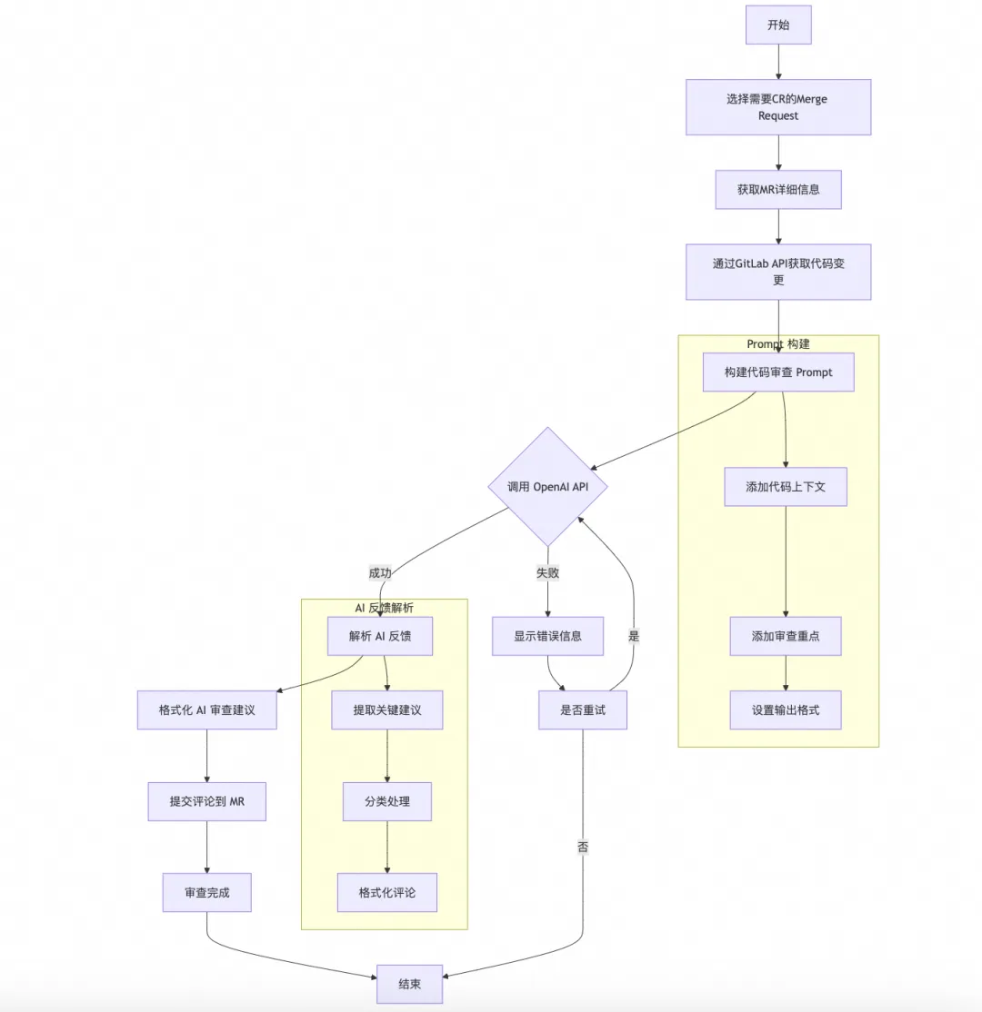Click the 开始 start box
click(x=778, y=25)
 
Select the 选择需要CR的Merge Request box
click(x=778, y=107)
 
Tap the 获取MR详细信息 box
click(x=778, y=190)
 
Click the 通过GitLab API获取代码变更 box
click(x=778, y=272)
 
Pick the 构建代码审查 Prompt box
click(x=778, y=372)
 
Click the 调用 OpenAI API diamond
click(x=547, y=487)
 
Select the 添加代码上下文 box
click(x=786, y=487)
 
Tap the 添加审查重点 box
click(x=786, y=636)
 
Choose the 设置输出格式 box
click(x=786, y=709)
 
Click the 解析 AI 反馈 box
click(x=380, y=636)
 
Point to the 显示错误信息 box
click(x=547, y=636)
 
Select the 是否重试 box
click(x=582, y=709)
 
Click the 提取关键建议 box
click(x=387, y=709)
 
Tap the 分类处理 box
click(x=387, y=801)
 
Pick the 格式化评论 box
click(x=387, y=892)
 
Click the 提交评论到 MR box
click(x=207, y=801)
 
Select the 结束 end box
click(x=409, y=984)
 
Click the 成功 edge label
click(x=380, y=572)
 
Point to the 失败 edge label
click(x=547, y=572)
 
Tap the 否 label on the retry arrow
click(x=583, y=847)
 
